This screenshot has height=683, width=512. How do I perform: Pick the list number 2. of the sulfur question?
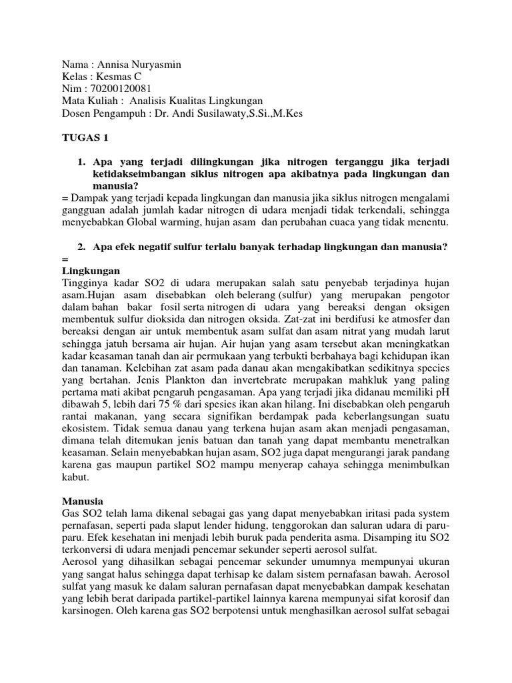[82, 247]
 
